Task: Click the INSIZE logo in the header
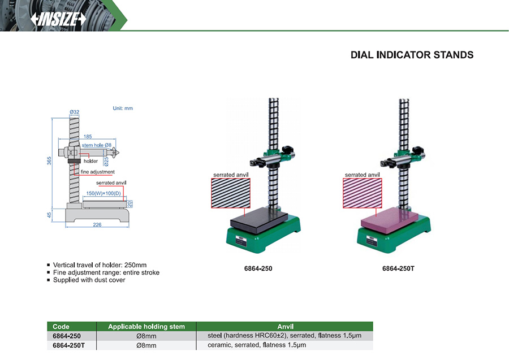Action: tap(58, 19)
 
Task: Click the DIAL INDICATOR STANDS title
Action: tap(412, 55)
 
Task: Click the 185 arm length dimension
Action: tap(88, 137)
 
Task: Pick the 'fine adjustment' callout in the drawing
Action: tap(98, 172)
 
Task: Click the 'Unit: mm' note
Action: tap(123, 108)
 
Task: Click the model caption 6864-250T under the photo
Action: tap(398, 268)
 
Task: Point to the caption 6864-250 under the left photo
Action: tap(258, 268)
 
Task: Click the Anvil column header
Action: tap(284, 327)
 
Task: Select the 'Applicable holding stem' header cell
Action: tap(146, 327)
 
